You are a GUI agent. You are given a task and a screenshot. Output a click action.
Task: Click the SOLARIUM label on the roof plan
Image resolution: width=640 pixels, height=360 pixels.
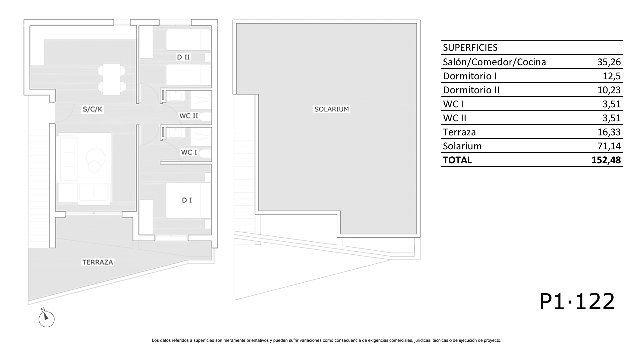point(331,109)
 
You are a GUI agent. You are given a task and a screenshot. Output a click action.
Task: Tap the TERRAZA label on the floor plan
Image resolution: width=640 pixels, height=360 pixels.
point(98,262)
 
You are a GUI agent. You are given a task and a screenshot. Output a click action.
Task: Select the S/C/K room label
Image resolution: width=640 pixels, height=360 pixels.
point(92,109)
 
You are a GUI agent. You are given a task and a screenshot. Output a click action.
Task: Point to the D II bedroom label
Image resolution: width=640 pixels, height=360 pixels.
point(183,57)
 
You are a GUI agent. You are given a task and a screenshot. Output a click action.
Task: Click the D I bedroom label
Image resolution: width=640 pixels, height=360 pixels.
point(187,200)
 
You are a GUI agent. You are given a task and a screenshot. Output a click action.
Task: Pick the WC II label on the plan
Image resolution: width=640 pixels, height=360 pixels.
point(189,116)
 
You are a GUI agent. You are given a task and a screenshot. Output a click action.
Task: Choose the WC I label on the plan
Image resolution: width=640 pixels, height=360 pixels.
point(189,152)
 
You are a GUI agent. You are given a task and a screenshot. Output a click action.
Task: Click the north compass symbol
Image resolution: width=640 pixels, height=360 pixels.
point(46,318)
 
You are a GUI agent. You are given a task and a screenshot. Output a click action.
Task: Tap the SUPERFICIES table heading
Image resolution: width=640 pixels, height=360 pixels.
point(470,48)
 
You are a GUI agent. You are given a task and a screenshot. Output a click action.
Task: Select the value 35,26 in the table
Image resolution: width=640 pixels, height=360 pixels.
point(609,62)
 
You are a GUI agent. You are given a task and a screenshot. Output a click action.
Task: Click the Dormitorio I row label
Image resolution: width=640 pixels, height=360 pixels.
point(470,76)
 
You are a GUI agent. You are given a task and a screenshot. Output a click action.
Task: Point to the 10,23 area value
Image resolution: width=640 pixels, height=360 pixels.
point(609,90)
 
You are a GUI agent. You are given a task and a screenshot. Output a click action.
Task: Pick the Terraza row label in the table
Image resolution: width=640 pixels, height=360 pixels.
point(459,132)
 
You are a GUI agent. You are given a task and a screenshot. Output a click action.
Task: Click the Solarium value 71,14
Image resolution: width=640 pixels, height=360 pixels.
point(609,146)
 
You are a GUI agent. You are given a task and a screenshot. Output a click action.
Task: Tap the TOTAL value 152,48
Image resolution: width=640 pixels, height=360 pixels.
point(606,160)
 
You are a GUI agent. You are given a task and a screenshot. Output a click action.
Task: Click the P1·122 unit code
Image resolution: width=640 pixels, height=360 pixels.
point(577,301)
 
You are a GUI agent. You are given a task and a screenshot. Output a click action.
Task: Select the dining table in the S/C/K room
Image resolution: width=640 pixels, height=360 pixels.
point(112,79)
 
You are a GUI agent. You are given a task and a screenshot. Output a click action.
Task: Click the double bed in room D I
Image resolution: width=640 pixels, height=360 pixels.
point(188,201)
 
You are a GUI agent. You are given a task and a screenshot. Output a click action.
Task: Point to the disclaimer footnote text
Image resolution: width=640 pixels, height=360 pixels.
point(326,340)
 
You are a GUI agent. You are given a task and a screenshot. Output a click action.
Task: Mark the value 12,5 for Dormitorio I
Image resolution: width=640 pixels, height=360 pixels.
point(612,76)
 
